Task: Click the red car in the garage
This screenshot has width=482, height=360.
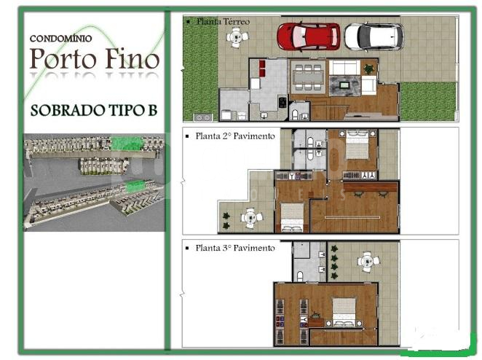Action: pyautogui.click(x=309, y=36)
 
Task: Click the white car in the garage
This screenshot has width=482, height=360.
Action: pyautogui.click(x=374, y=36)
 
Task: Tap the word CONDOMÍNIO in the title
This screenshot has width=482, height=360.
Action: pyautogui.click(x=61, y=39)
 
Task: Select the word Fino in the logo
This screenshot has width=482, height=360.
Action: pyautogui.click(x=133, y=58)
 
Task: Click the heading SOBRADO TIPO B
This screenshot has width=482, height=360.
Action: pyautogui.click(x=94, y=110)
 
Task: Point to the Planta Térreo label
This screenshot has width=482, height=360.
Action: pyautogui.click(x=224, y=22)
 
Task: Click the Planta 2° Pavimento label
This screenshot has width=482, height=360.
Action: pyautogui.click(x=235, y=136)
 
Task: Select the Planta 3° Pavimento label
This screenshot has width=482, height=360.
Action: pyautogui.click(x=235, y=248)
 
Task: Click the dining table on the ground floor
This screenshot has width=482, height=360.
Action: pyautogui.click(x=308, y=77)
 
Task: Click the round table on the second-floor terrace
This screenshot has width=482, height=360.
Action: pyautogui.click(x=252, y=218)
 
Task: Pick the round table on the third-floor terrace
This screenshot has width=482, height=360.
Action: pyautogui.click(x=368, y=262)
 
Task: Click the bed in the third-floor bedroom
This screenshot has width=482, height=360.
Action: pyautogui.click(x=344, y=311)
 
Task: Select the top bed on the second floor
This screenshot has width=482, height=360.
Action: pyautogui.click(x=357, y=144)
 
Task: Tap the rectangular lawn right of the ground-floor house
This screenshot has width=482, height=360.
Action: pyautogui.click(x=427, y=101)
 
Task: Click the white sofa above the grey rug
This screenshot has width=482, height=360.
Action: pyautogui.click(x=344, y=67)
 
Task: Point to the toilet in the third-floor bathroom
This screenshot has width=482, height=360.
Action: pyautogui.click(x=300, y=276)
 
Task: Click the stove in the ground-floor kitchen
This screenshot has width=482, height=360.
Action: pyautogui.click(x=283, y=102)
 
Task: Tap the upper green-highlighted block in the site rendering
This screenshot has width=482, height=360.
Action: pyautogui.click(x=127, y=143)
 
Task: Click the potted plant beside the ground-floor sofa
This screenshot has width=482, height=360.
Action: pyautogui.click(x=368, y=69)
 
